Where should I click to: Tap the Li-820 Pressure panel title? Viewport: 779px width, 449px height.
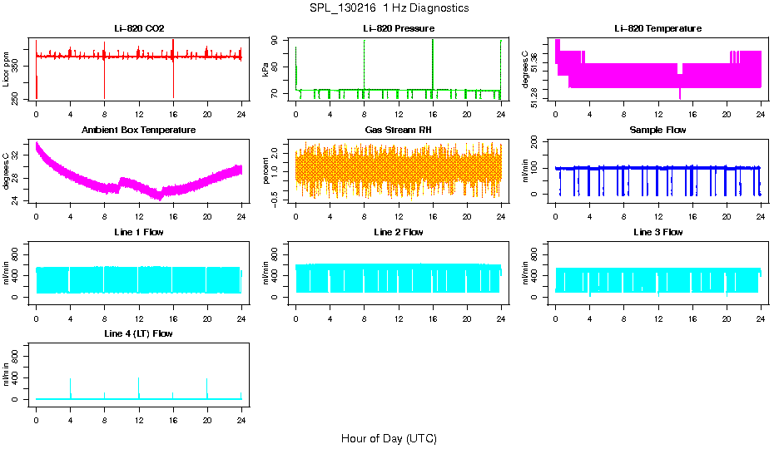click(x=398, y=28)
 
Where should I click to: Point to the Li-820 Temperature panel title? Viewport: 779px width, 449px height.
click(x=657, y=28)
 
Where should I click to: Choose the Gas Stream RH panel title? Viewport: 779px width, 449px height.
click(x=398, y=131)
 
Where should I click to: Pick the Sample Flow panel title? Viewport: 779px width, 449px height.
click(x=657, y=131)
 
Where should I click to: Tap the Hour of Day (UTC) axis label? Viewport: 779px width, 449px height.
click(x=389, y=438)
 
